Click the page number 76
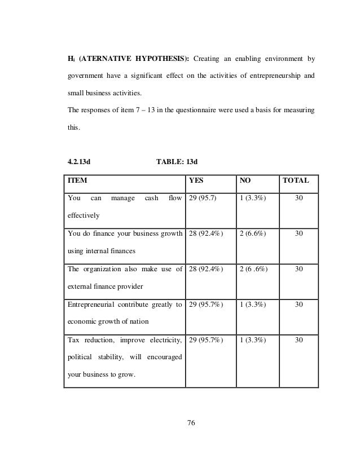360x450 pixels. coord(190,424)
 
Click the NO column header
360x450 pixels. coord(246,181)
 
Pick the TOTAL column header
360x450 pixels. coord(296,181)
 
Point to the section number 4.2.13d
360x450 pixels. coord(80,162)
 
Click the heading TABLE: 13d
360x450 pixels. coord(177,162)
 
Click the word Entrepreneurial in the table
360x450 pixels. coord(90,305)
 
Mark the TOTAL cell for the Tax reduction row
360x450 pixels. coord(298,340)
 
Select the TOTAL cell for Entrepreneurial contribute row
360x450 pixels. coord(298,305)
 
